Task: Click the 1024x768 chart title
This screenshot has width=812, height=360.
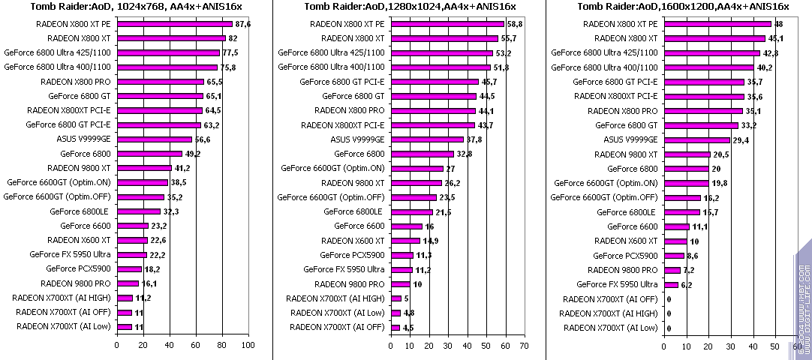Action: [x=131, y=7]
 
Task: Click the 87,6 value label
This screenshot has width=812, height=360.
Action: [x=242, y=24]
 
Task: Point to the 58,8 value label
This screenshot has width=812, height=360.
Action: [x=515, y=24]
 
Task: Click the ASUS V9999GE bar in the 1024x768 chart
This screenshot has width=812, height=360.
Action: [x=154, y=139]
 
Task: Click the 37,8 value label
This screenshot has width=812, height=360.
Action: [x=474, y=139]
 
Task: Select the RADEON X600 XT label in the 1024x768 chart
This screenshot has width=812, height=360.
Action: [x=79, y=240]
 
